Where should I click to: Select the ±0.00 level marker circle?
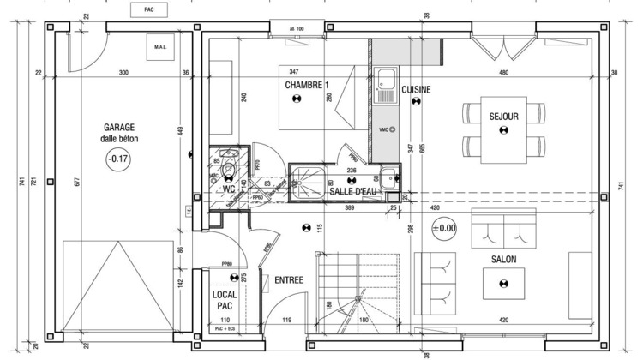[x=444, y=228]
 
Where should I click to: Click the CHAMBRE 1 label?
[x=306, y=86]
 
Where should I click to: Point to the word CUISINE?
[x=416, y=89]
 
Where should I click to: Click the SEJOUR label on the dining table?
[x=504, y=116]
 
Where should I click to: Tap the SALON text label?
[x=503, y=258]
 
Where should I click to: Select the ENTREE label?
[x=290, y=279]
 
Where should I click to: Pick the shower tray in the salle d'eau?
[x=306, y=180]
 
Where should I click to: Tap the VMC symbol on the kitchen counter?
[x=385, y=129]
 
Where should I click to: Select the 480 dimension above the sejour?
[x=503, y=72]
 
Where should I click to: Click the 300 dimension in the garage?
[x=123, y=72]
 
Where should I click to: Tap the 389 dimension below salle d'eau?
[x=349, y=208]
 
